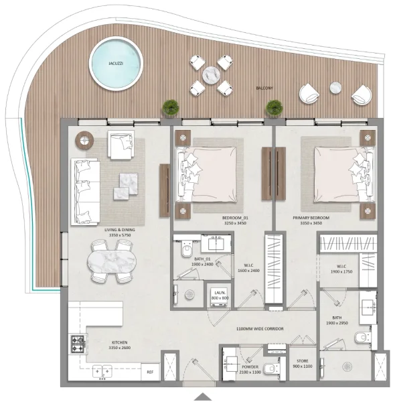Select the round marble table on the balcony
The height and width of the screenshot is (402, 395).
coord(210,74)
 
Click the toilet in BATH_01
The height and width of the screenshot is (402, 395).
coord(187,250)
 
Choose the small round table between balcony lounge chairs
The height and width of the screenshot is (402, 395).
coord(335,87)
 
